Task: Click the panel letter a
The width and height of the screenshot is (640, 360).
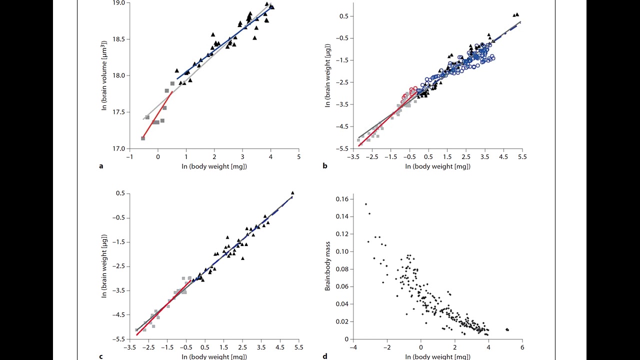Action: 101,166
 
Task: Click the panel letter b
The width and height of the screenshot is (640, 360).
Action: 325,166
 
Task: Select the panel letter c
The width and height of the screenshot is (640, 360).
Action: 101,356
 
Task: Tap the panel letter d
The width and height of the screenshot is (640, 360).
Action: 325,356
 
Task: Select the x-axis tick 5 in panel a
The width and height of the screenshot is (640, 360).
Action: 298,157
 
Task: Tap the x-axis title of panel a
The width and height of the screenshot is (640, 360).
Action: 214,166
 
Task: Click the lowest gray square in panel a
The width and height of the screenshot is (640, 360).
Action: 143,138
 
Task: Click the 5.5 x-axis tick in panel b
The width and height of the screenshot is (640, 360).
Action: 522,157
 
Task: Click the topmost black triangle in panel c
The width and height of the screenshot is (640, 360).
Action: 292,192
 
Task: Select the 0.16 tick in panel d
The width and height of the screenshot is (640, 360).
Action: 342,199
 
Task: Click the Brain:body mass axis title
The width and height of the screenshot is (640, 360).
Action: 328,268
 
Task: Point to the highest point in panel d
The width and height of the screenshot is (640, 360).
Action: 366,204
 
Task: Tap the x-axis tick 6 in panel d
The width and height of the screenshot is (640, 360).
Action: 522,347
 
